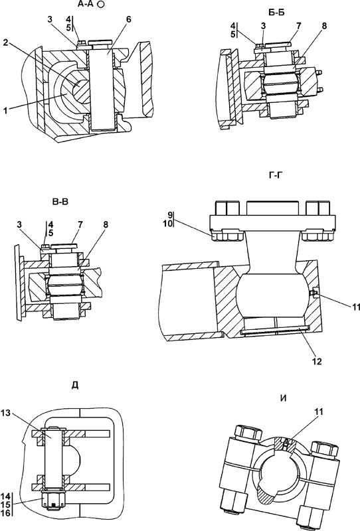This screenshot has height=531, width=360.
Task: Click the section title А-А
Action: (86, 4)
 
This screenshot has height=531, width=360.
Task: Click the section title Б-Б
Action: (276, 13)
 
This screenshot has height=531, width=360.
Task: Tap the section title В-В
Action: (60, 202)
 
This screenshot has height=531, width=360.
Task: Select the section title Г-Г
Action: (275, 175)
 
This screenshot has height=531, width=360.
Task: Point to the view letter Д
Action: (75, 385)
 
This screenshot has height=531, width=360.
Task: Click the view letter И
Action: (284, 399)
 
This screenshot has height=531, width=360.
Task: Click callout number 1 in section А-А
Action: (6, 111)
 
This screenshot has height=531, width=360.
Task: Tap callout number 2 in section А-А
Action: (6, 42)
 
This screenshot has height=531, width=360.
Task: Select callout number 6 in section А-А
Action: (128, 19)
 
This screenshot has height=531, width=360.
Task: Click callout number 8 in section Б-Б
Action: (324, 26)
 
